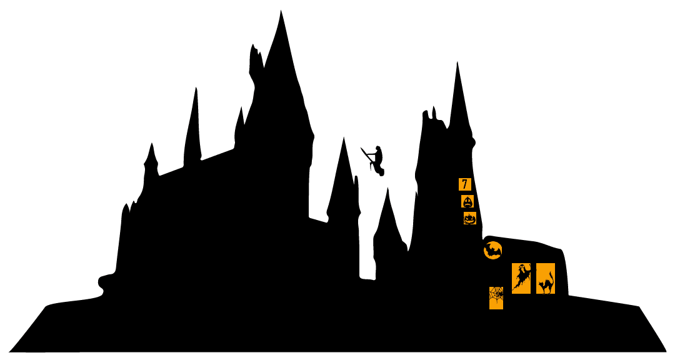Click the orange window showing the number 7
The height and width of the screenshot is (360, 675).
point(465,184)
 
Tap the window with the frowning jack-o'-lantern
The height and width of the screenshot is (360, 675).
point(467,201)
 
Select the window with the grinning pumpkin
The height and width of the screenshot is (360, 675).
point(469,218)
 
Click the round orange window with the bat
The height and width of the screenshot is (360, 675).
point(493,250)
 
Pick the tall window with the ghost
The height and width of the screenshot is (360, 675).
point(521,278)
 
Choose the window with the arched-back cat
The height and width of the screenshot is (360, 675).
point(546,278)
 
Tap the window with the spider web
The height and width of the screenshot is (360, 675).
point(496,298)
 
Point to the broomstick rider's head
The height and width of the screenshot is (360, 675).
point(378,149)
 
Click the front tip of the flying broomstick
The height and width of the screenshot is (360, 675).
point(361,148)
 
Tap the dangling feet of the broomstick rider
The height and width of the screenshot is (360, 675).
point(381,174)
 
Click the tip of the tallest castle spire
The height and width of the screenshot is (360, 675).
point(281,11)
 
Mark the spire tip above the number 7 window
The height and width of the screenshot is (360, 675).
point(457,62)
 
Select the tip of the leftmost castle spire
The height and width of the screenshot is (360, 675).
point(151,143)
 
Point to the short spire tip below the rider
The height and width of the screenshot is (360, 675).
point(387,188)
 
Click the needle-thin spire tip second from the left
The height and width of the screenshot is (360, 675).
point(196,88)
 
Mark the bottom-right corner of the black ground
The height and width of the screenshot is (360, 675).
point(666,351)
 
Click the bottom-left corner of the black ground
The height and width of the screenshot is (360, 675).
point(9,351)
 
